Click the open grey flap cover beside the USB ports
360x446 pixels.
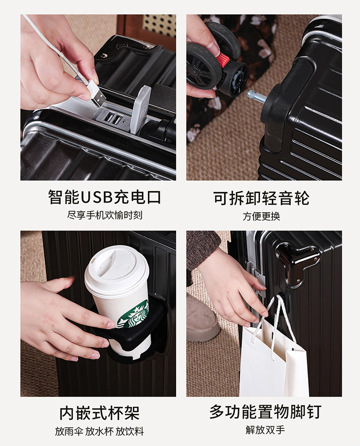coord(141,109)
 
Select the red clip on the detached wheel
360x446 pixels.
coord(222,59)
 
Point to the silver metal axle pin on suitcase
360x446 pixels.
coord(256,96)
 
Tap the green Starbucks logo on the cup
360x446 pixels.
coord(133,313)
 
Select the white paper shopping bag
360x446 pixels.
coord(273,359)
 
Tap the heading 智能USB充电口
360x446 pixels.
coord(104,197)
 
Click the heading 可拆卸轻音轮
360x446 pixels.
coord(261,198)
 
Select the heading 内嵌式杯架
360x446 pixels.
coord(99,413)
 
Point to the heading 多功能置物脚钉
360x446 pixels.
coord(265,411)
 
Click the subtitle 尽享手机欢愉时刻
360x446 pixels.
coord(105,215)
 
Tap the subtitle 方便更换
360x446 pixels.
coord(261,216)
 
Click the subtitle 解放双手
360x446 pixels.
coord(265,430)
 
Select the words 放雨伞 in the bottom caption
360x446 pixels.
coord(69,431)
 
